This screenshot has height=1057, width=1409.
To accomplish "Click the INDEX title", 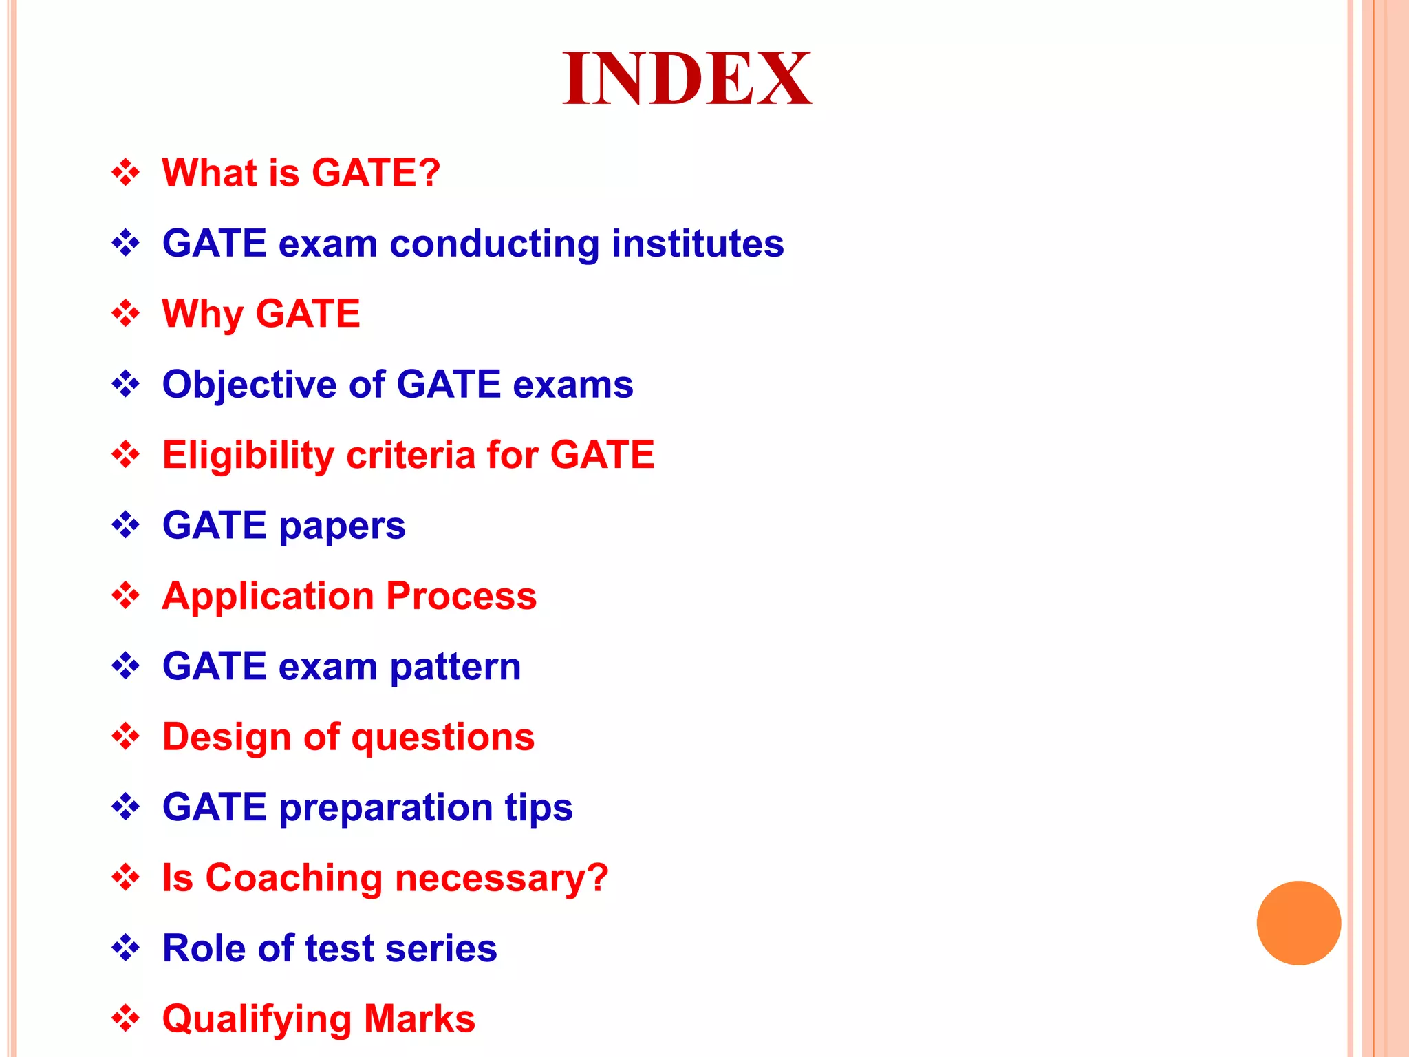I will [687, 79].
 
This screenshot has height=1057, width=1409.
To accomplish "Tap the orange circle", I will [1298, 923].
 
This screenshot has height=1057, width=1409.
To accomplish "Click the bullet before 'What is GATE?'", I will [125, 173].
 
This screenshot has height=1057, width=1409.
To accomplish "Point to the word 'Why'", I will [202, 314].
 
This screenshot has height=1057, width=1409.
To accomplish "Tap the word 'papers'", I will [342, 527].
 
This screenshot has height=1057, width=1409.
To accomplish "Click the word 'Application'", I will [268, 596].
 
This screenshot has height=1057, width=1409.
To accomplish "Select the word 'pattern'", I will [455, 668].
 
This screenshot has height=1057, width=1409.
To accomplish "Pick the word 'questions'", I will [443, 738].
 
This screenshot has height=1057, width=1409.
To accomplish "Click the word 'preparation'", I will [385, 808].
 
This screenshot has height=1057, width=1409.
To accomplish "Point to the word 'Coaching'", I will [294, 878].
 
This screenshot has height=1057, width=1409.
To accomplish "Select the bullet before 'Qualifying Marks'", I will [125, 1018].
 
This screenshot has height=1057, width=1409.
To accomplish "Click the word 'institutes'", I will [697, 244].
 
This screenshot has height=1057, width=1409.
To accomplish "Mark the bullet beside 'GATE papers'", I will [125, 526].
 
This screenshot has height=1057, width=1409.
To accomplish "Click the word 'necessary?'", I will [502, 879].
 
